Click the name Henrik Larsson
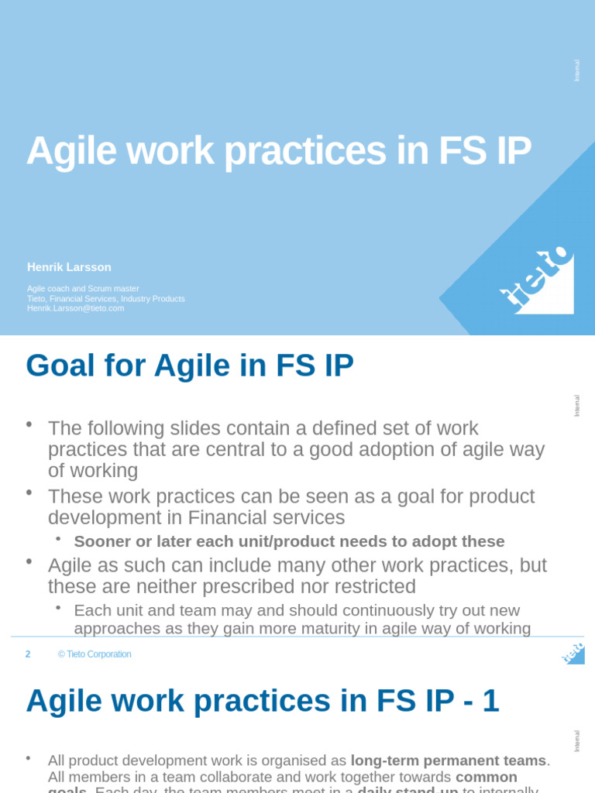point(69,267)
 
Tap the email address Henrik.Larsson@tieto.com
point(75,308)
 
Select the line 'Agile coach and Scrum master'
point(83,289)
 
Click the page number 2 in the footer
point(28,654)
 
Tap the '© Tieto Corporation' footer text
point(95,654)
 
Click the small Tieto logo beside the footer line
point(573,654)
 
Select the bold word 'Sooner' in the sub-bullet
point(102,541)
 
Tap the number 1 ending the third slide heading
point(490,702)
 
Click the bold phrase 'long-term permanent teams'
point(449,760)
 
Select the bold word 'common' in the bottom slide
point(486,777)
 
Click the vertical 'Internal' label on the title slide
point(576,70)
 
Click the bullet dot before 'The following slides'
point(29,424)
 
